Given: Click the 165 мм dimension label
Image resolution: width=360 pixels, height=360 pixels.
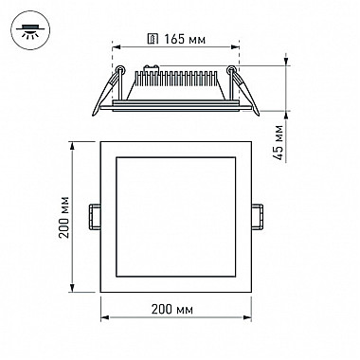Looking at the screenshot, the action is click(185, 40).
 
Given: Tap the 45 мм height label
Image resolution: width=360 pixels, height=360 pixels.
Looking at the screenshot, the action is click(279, 143).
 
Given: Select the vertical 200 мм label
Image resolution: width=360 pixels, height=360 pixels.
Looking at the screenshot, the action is click(64, 217).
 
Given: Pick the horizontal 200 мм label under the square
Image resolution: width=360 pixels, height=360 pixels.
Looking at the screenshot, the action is click(172, 309).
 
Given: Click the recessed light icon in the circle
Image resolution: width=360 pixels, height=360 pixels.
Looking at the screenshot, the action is click(30, 30).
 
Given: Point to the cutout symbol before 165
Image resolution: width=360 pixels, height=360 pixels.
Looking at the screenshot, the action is click(153, 39).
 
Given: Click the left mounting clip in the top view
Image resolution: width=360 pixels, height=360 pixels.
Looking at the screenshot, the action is click(95, 217).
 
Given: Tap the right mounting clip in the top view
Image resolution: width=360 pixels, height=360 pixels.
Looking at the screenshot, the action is click(258, 217).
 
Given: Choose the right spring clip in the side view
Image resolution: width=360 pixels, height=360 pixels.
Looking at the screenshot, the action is click(243, 90).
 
